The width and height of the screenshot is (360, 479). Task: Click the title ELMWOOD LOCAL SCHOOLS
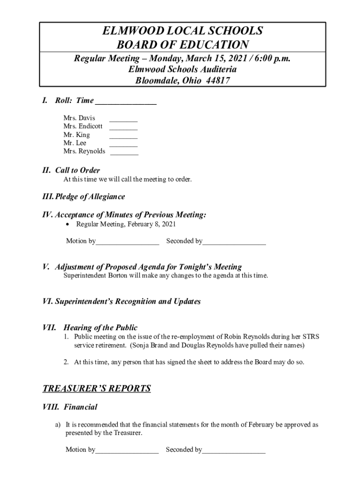[182, 31]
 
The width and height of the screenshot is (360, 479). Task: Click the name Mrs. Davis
[79, 118]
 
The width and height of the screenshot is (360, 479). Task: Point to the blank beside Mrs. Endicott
[123, 126]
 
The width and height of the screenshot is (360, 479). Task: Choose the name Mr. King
[77, 135]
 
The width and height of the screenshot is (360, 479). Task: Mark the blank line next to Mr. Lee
[123, 143]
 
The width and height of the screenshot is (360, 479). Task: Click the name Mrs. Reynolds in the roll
[84, 152]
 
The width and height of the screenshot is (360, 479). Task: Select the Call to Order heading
[77, 170]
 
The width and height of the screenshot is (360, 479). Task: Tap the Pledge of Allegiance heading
[90, 196]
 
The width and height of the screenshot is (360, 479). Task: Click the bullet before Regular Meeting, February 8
[68, 225]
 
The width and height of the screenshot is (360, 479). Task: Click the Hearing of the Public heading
[100, 327]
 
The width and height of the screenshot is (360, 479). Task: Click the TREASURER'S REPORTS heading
[97, 388]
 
